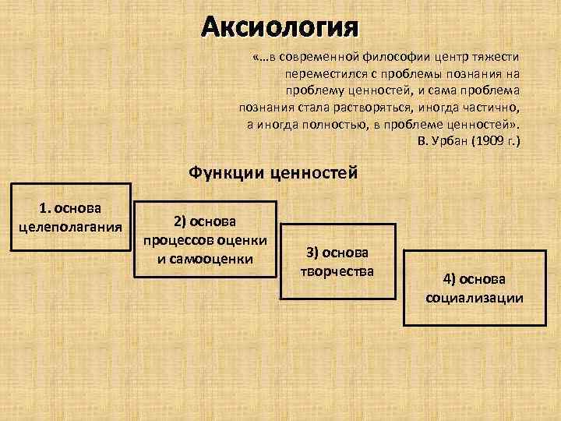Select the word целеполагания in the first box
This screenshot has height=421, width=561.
coord(71,226)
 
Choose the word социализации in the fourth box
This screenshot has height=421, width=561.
coord(474,298)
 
